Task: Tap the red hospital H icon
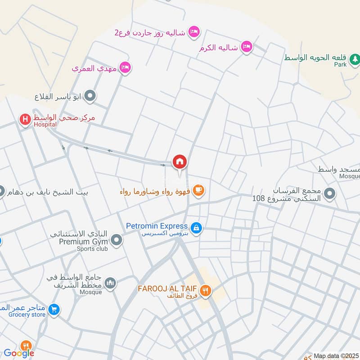25,119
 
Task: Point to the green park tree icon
355,58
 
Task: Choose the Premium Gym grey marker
117,240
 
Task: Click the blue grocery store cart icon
54,309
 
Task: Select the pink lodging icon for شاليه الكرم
246,46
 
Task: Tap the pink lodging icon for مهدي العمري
125,67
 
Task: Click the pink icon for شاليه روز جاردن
194,31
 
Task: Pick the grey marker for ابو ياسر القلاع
90,95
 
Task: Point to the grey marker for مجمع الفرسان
330,194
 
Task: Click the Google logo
19,353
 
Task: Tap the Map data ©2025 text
335,356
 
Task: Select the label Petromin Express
157,226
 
